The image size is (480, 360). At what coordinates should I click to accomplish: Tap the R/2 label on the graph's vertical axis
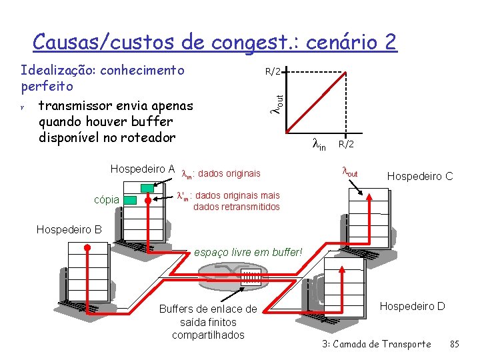pyautogui.click(x=273, y=71)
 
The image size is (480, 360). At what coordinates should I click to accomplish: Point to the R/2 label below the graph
pyautogui.click(x=346, y=144)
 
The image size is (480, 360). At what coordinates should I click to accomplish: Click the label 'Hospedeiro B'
pyautogui.click(x=69, y=230)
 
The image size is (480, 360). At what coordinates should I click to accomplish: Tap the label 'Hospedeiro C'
pyautogui.click(x=420, y=176)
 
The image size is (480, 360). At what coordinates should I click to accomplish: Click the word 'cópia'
pyautogui.click(x=107, y=199)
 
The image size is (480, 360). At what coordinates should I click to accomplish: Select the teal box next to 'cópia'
pyautogui.click(x=130, y=199)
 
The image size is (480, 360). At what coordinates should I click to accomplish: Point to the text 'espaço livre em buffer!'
pyautogui.click(x=247, y=253)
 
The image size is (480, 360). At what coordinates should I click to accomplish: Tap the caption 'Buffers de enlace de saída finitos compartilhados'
pyautogui.click(x=207, y=322)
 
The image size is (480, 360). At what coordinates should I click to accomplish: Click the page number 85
pyautogui.click(x=456, y=344)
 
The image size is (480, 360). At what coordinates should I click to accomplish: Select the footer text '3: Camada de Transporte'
pyautogui.click(x=376, y=344)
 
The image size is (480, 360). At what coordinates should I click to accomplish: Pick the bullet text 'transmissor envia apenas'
pyautogui.click(x=115, y=106)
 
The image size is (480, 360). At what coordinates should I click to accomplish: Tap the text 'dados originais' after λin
pyautogui.click(x=229, y=174)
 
